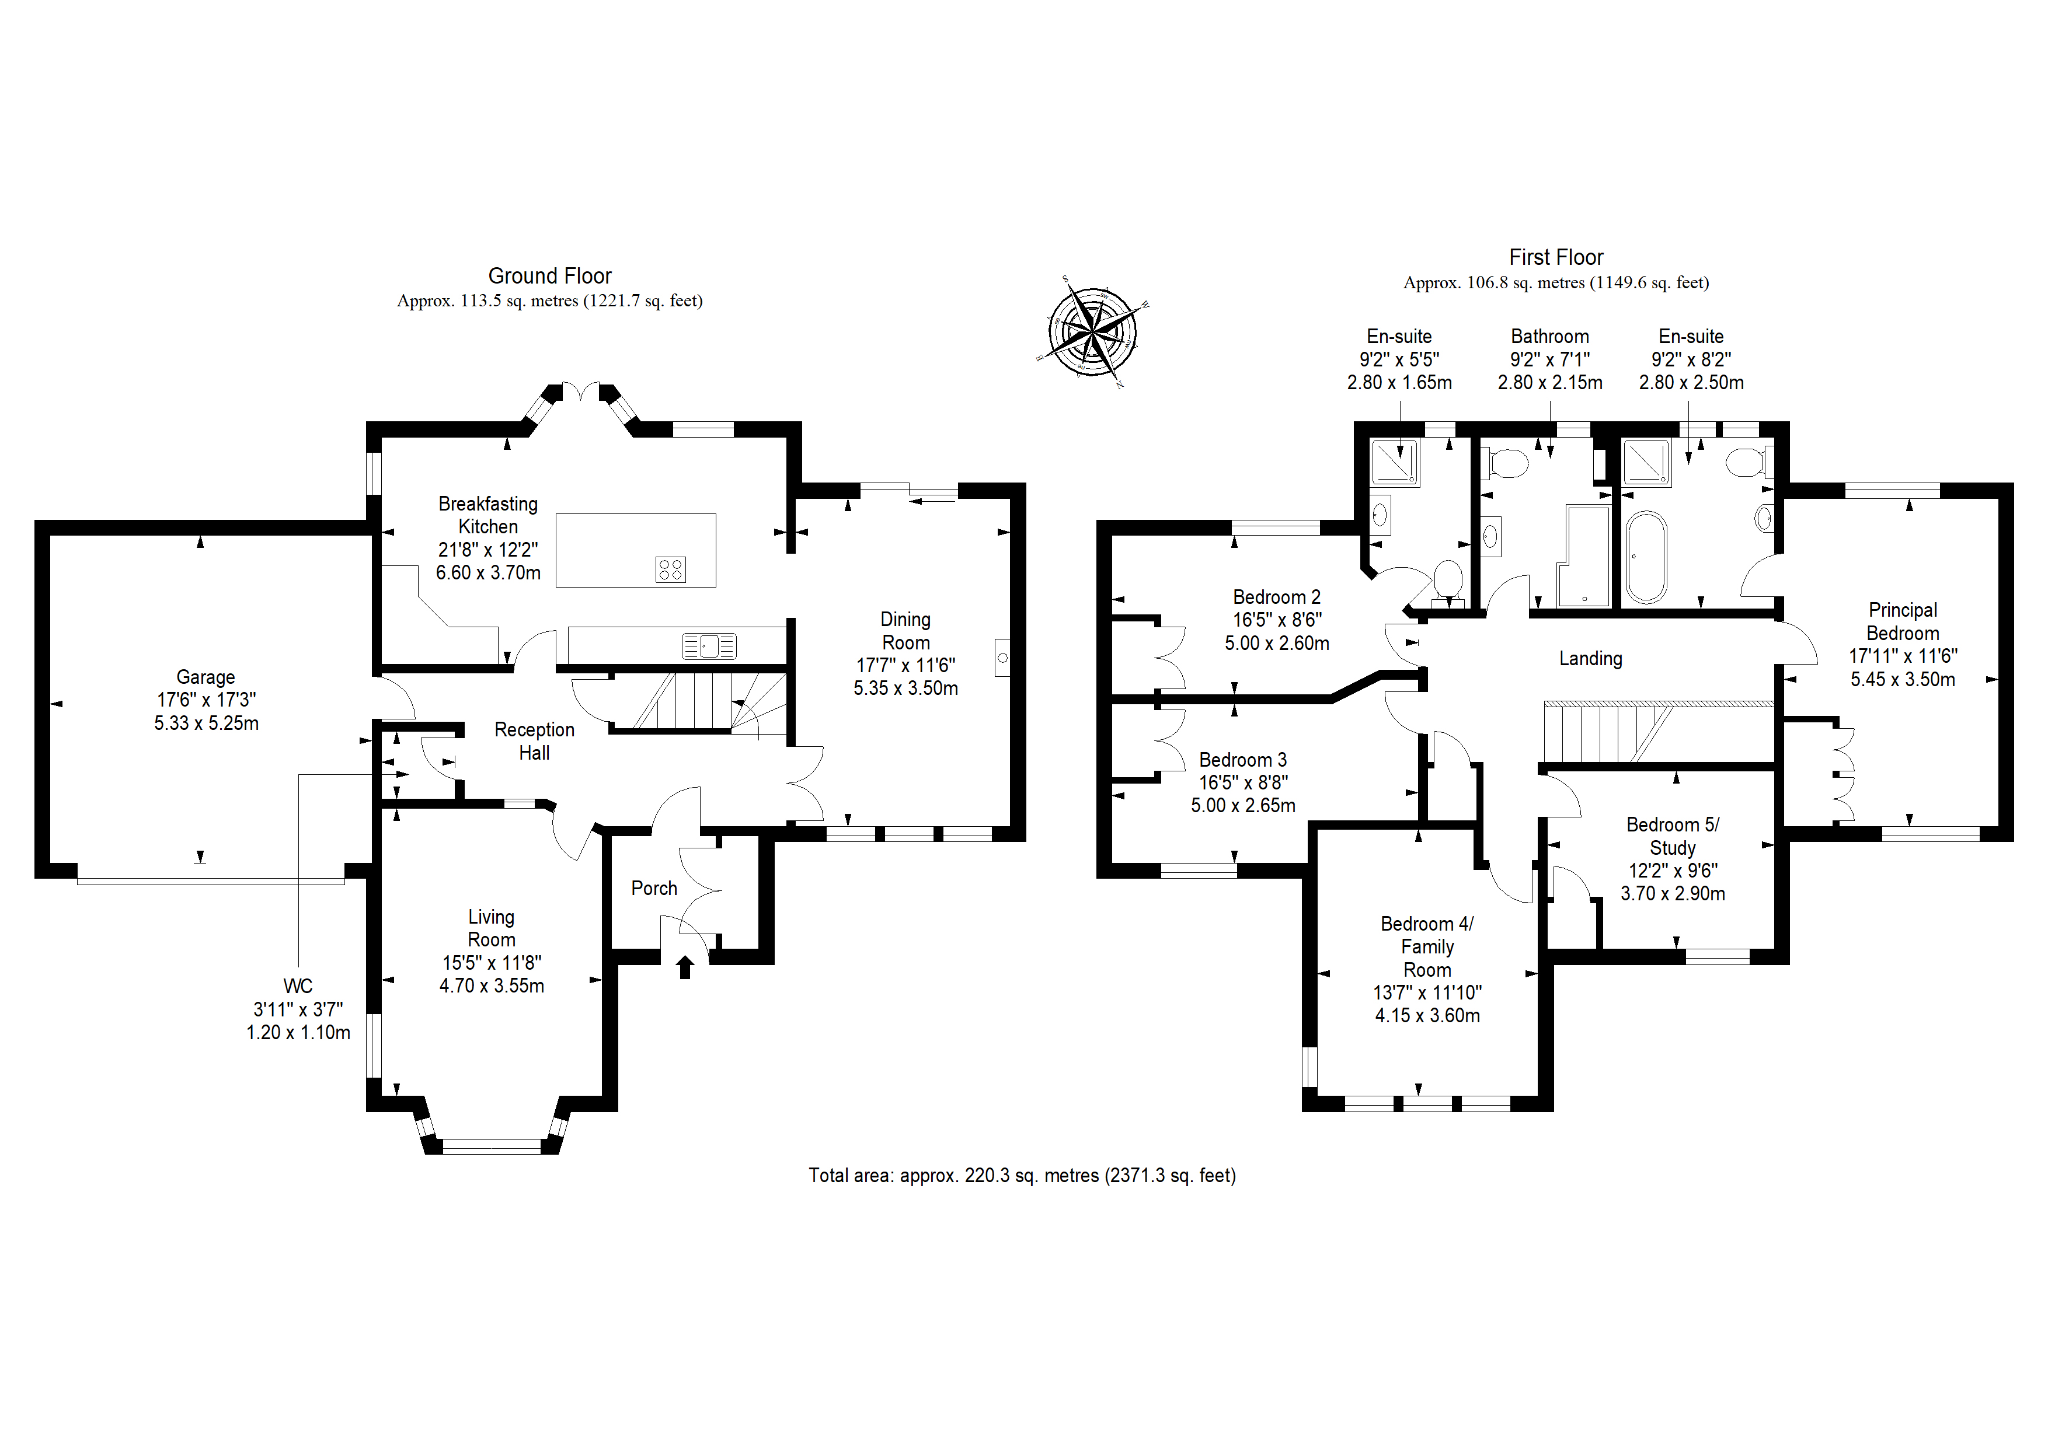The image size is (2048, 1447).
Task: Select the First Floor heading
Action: tap(1556, 258)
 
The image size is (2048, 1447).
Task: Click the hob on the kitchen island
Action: tap(670, 569)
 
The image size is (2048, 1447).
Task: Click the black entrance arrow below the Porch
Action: tap(685, 966)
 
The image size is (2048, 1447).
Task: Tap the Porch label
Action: tap(654, 888)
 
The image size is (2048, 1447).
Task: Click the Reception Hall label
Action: tap(534, 741)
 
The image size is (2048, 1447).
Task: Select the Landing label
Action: tap(1590, 658)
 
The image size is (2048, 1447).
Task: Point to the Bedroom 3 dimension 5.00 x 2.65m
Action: tap(1242, 805)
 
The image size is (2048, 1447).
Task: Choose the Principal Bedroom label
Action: tap(1903, 621)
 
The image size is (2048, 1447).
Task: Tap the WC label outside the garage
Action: tap(298, 986)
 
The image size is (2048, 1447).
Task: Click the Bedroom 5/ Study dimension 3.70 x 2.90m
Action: tap(1673, 893)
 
